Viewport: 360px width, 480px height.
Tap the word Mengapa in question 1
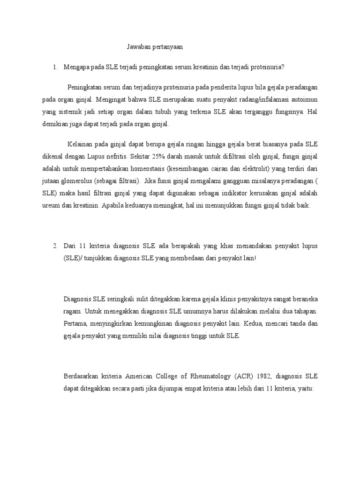[x=77, y=67]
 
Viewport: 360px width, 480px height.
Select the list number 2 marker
[x=55, y=246]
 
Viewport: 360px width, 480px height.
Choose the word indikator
[x=233, y=193]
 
